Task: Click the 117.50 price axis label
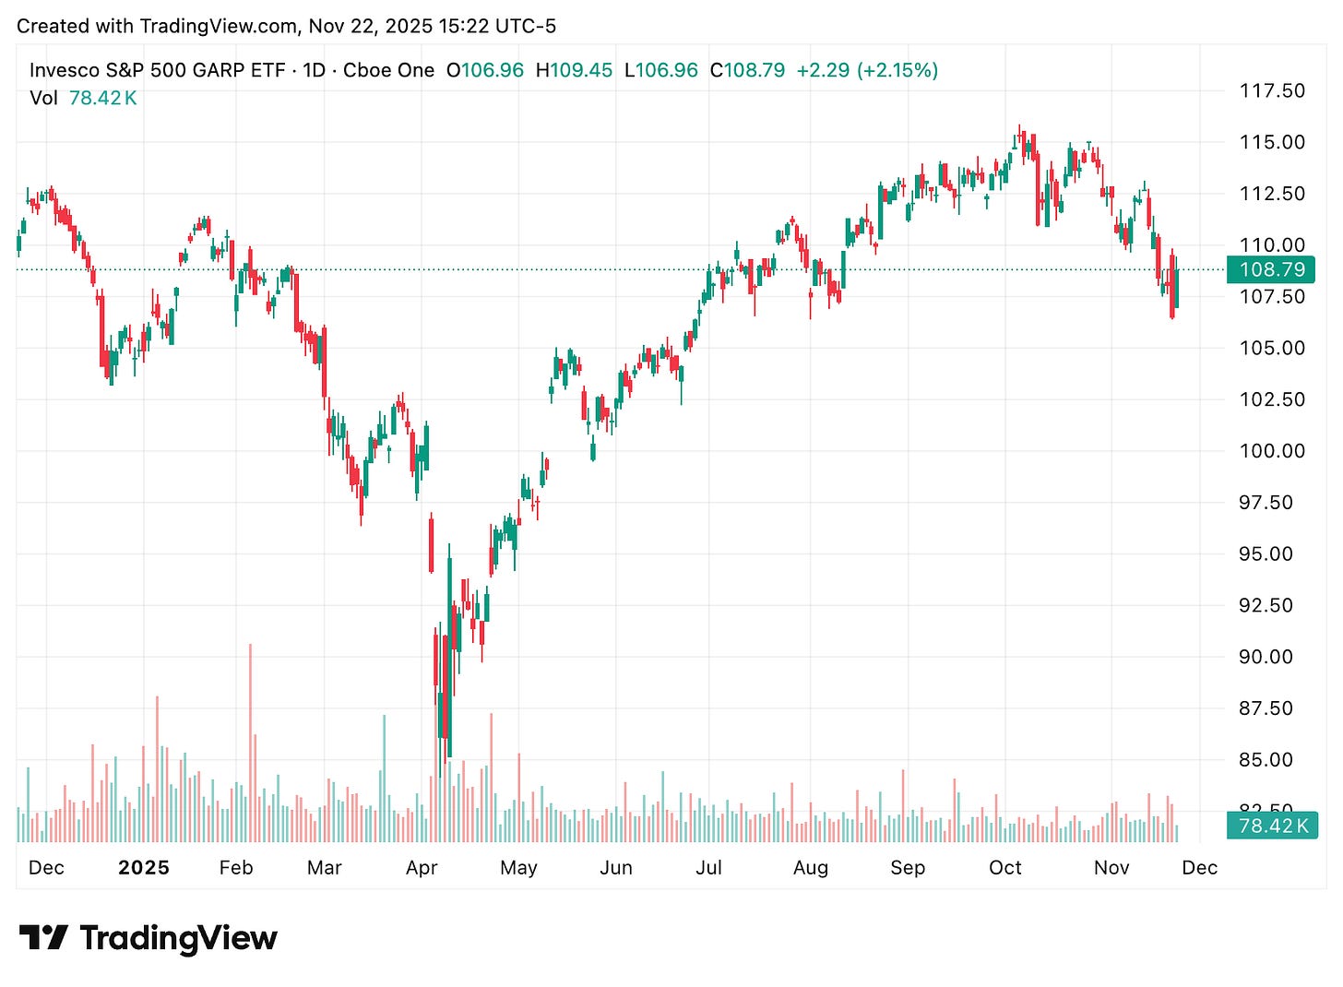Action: click(x=1272, y=90)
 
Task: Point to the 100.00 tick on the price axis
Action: click(x=1272, y=451)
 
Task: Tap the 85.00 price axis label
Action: click(x=1272, y=760)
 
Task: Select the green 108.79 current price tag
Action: click(x=1272, y=269)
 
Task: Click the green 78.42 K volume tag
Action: click(x=1272, y=826)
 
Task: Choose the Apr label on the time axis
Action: click(x=422, y=868)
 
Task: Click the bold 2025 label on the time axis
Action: click(x=144, y=868)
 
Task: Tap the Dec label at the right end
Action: click(x=1199, y=868)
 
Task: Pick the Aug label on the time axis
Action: click(x=810, y=868)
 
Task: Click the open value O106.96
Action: click(x=485, y=70)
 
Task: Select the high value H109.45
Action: click(x=574, y=70)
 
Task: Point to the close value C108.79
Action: click(x=747, y=70)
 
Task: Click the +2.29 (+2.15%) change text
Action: click(x=867, y=70)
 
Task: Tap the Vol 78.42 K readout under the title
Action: click(x=83, y=98)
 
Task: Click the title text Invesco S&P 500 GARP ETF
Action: click(x=157, y=70)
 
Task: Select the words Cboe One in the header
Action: click(x=388, y=70)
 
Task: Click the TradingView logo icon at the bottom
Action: click(x=43, y=938)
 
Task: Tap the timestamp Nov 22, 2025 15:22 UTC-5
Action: click(x=432, y=26)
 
